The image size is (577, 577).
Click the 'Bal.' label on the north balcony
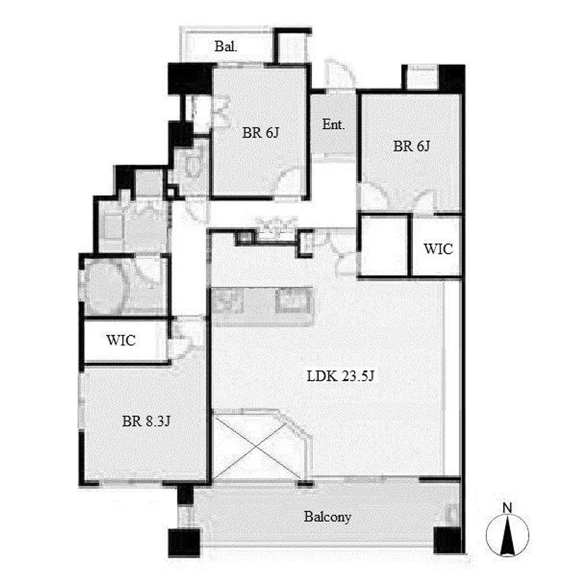(x=225, y=47)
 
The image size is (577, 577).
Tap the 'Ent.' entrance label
(x=334, y=125)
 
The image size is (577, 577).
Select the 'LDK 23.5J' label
(x=340, y=376)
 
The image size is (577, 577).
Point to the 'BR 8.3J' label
(x=146, y=421)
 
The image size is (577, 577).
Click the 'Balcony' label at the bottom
(x=327, y=517)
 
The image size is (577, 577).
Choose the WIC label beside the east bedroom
(x=438, y=249)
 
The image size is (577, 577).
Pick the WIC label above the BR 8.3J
(x=121, y=340)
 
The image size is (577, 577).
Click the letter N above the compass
(x=507, y=508)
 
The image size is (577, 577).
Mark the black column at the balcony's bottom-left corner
(x=184, y=543)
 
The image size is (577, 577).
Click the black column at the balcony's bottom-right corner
(x=447, y=540)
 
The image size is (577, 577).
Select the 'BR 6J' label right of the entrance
(x=411, y=146)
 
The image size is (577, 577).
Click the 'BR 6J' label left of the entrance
(x=260, y=132)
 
